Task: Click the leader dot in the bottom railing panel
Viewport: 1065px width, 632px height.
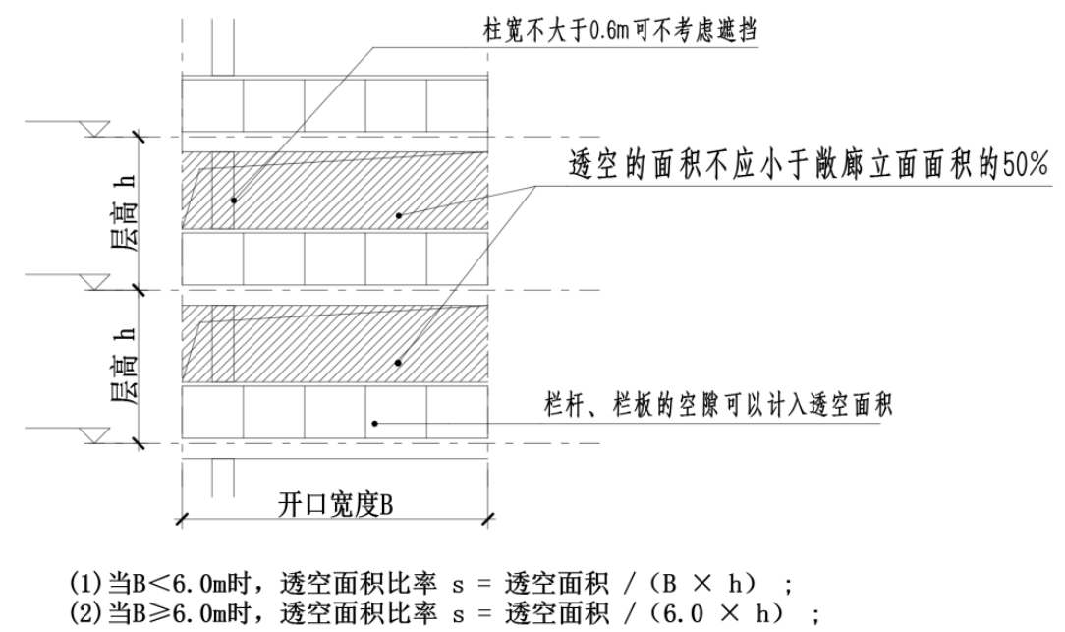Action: click(374, 425)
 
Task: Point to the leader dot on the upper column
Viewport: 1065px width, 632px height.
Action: click(234, 201)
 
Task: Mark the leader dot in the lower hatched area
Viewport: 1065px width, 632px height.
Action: click(398, 363)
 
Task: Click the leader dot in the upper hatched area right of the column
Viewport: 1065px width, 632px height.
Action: click(398, 213)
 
